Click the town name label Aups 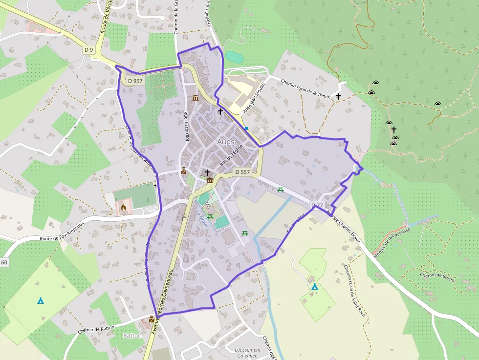[226, 142]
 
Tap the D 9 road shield [88, 49]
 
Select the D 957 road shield [135, 81]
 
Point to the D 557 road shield [242, 172]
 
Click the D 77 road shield [317, 205]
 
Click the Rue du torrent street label [186, 126]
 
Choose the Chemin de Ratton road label [97, 327]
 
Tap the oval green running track [234, 57]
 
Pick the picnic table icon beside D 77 [281, 190]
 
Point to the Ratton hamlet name [132, 336]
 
